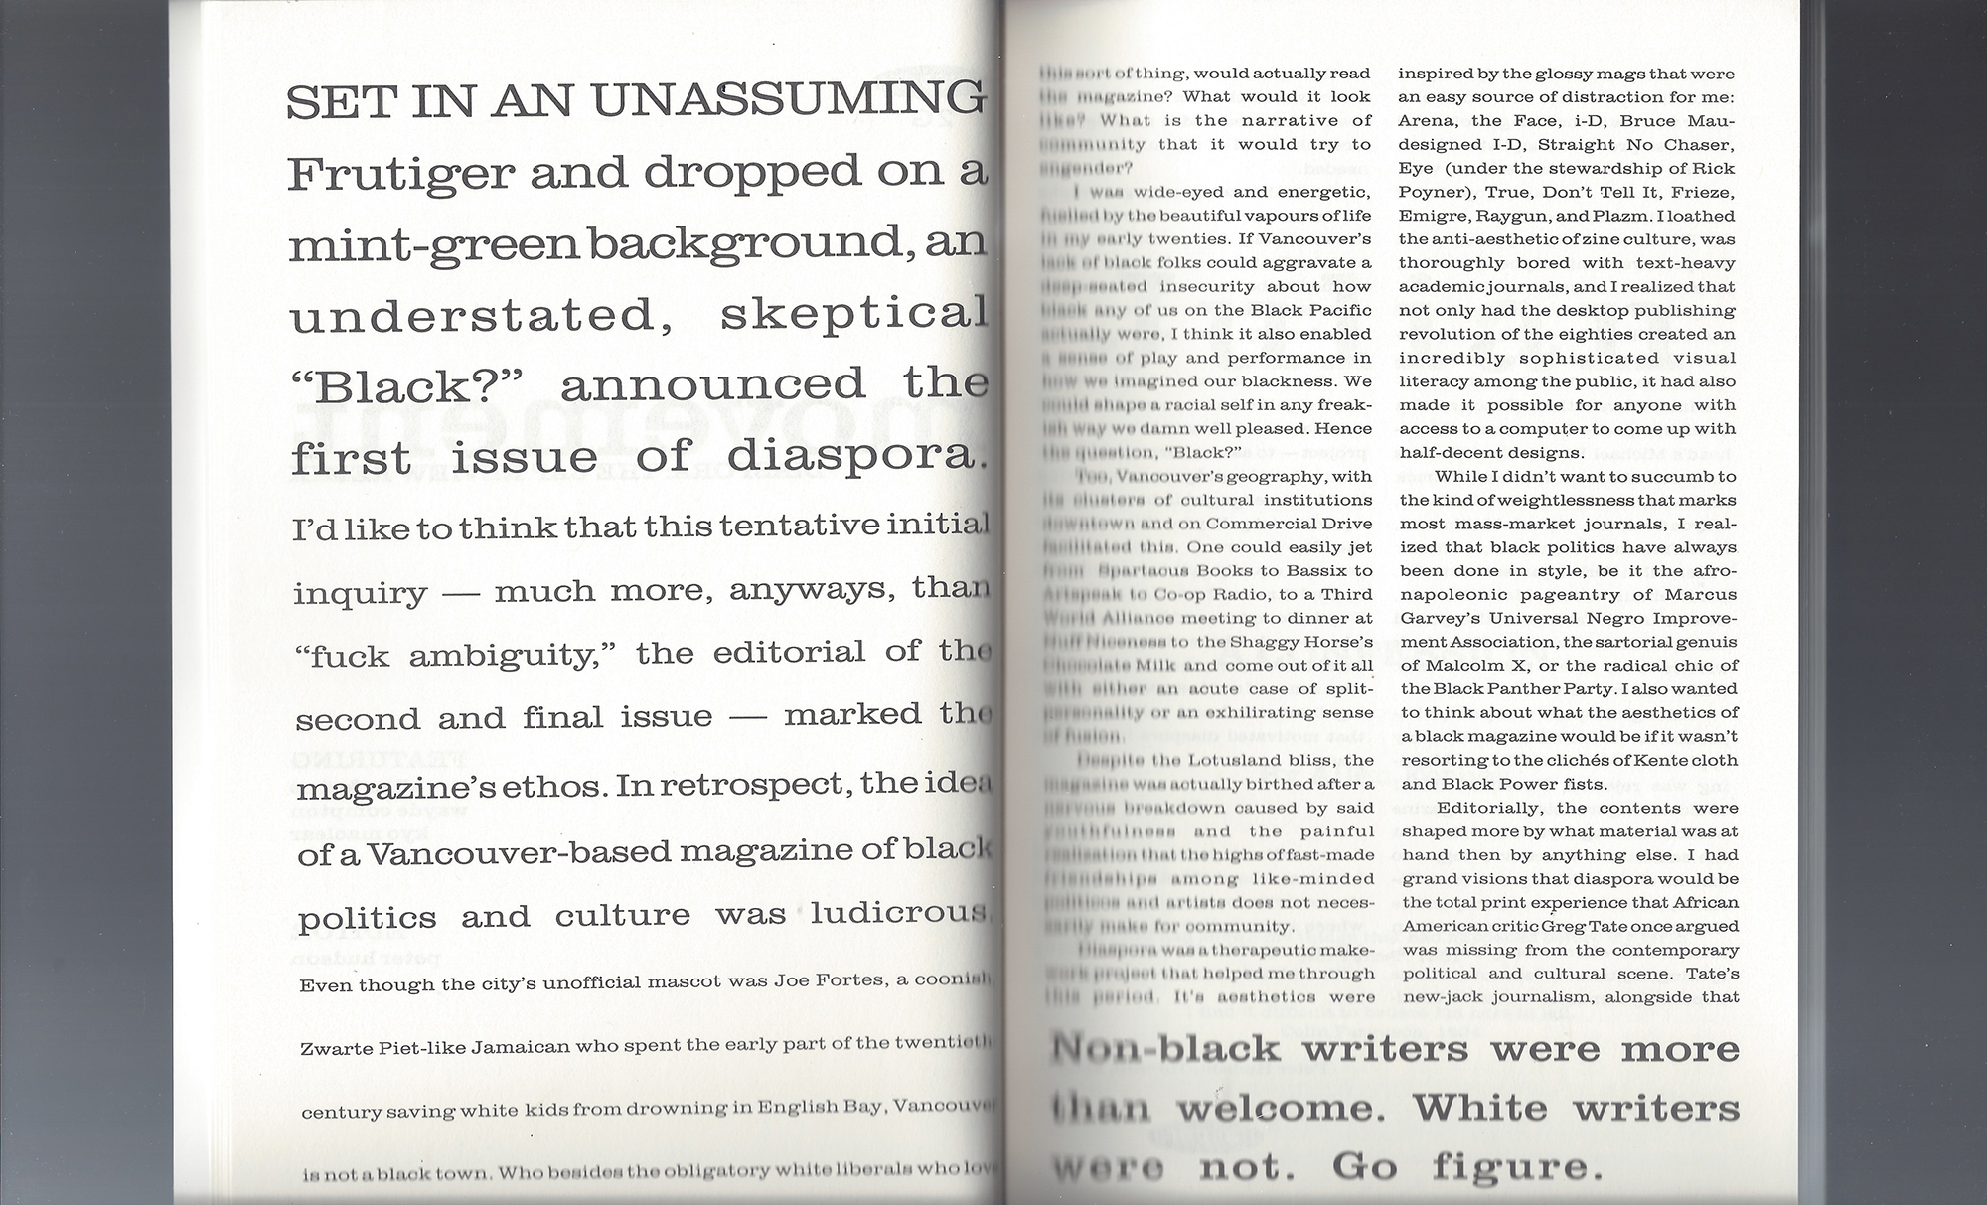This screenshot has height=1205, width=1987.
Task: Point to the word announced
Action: pos(712,384)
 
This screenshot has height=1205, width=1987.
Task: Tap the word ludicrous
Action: pos(898,913)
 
